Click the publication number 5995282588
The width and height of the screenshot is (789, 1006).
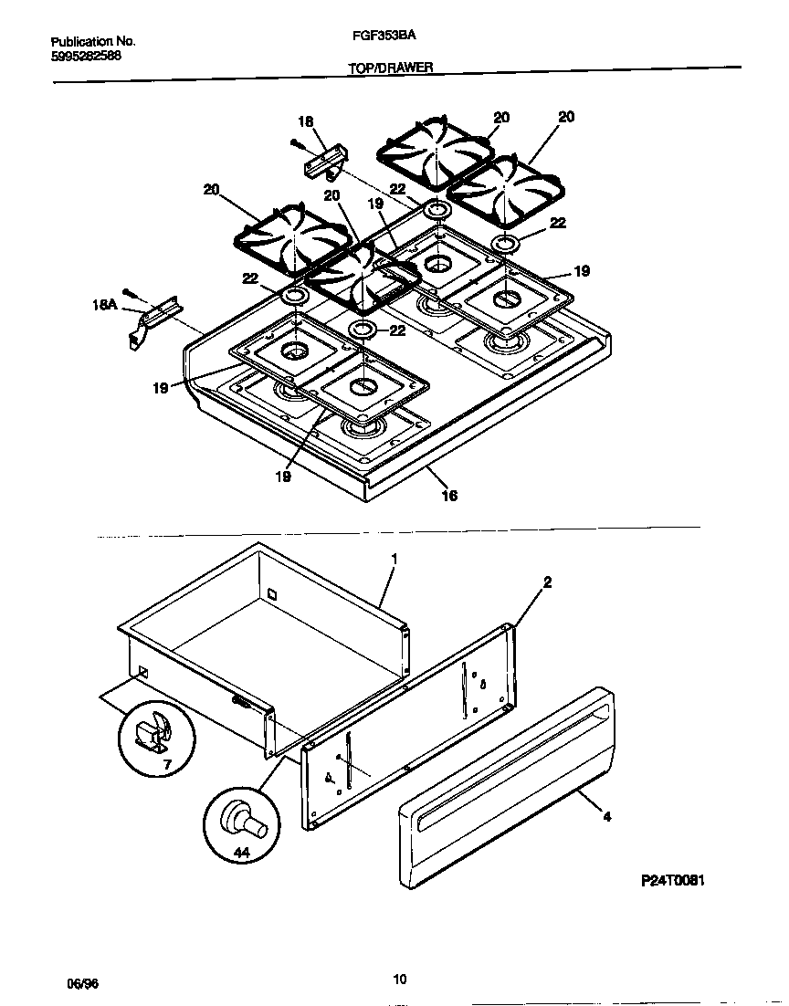pos(86,56)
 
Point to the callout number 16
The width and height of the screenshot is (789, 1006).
pos(449,496)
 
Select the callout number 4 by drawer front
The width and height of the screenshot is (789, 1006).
pos(607,817)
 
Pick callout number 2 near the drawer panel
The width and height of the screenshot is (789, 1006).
pos(546,582)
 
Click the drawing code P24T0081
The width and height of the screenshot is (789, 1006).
pos(672,882)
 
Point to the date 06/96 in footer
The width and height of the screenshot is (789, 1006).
pos(82,984)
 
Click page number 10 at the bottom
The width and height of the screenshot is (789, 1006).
pos(399,980)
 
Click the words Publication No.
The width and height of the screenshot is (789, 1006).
pos(92,42)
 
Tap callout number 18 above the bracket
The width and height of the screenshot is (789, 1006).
pos(305,121)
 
